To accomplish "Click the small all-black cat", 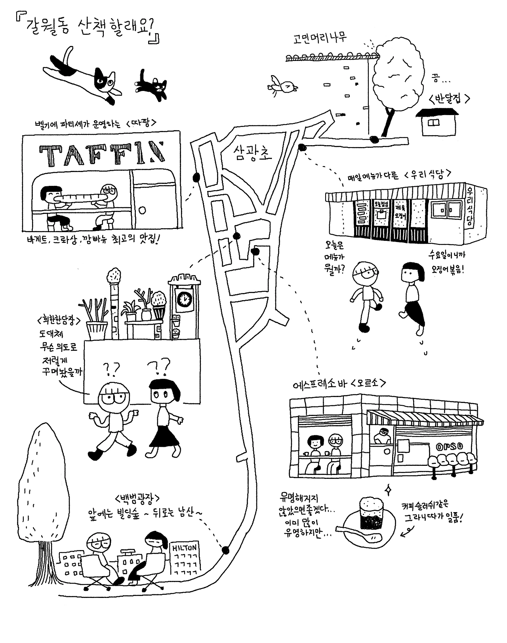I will (153, 85).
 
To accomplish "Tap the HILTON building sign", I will (184, 548).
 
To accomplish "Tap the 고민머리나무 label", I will (320, 38).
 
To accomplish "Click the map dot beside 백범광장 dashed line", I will (225, 550).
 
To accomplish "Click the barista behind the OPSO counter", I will (382, 436).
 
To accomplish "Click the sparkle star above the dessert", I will (389, 490).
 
